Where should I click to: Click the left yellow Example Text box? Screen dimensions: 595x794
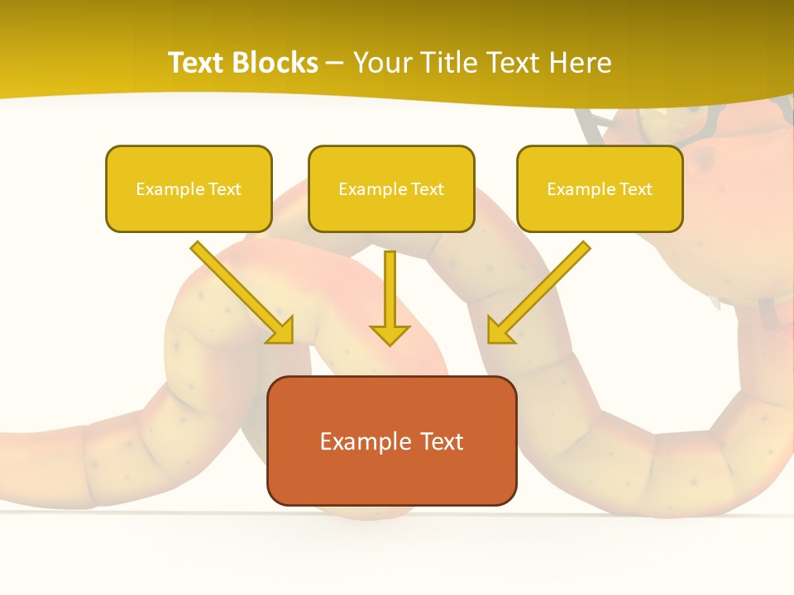click(189, 188)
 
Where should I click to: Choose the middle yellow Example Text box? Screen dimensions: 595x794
click(391, 188)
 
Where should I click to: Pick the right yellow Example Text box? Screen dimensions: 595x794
click(600, 188)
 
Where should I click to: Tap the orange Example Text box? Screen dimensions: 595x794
click(391, 440)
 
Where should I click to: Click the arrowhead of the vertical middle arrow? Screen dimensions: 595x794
click(390, 334)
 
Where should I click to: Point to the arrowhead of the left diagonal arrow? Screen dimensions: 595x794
click(281, 331)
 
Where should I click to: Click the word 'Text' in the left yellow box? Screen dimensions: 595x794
click(225, 189)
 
